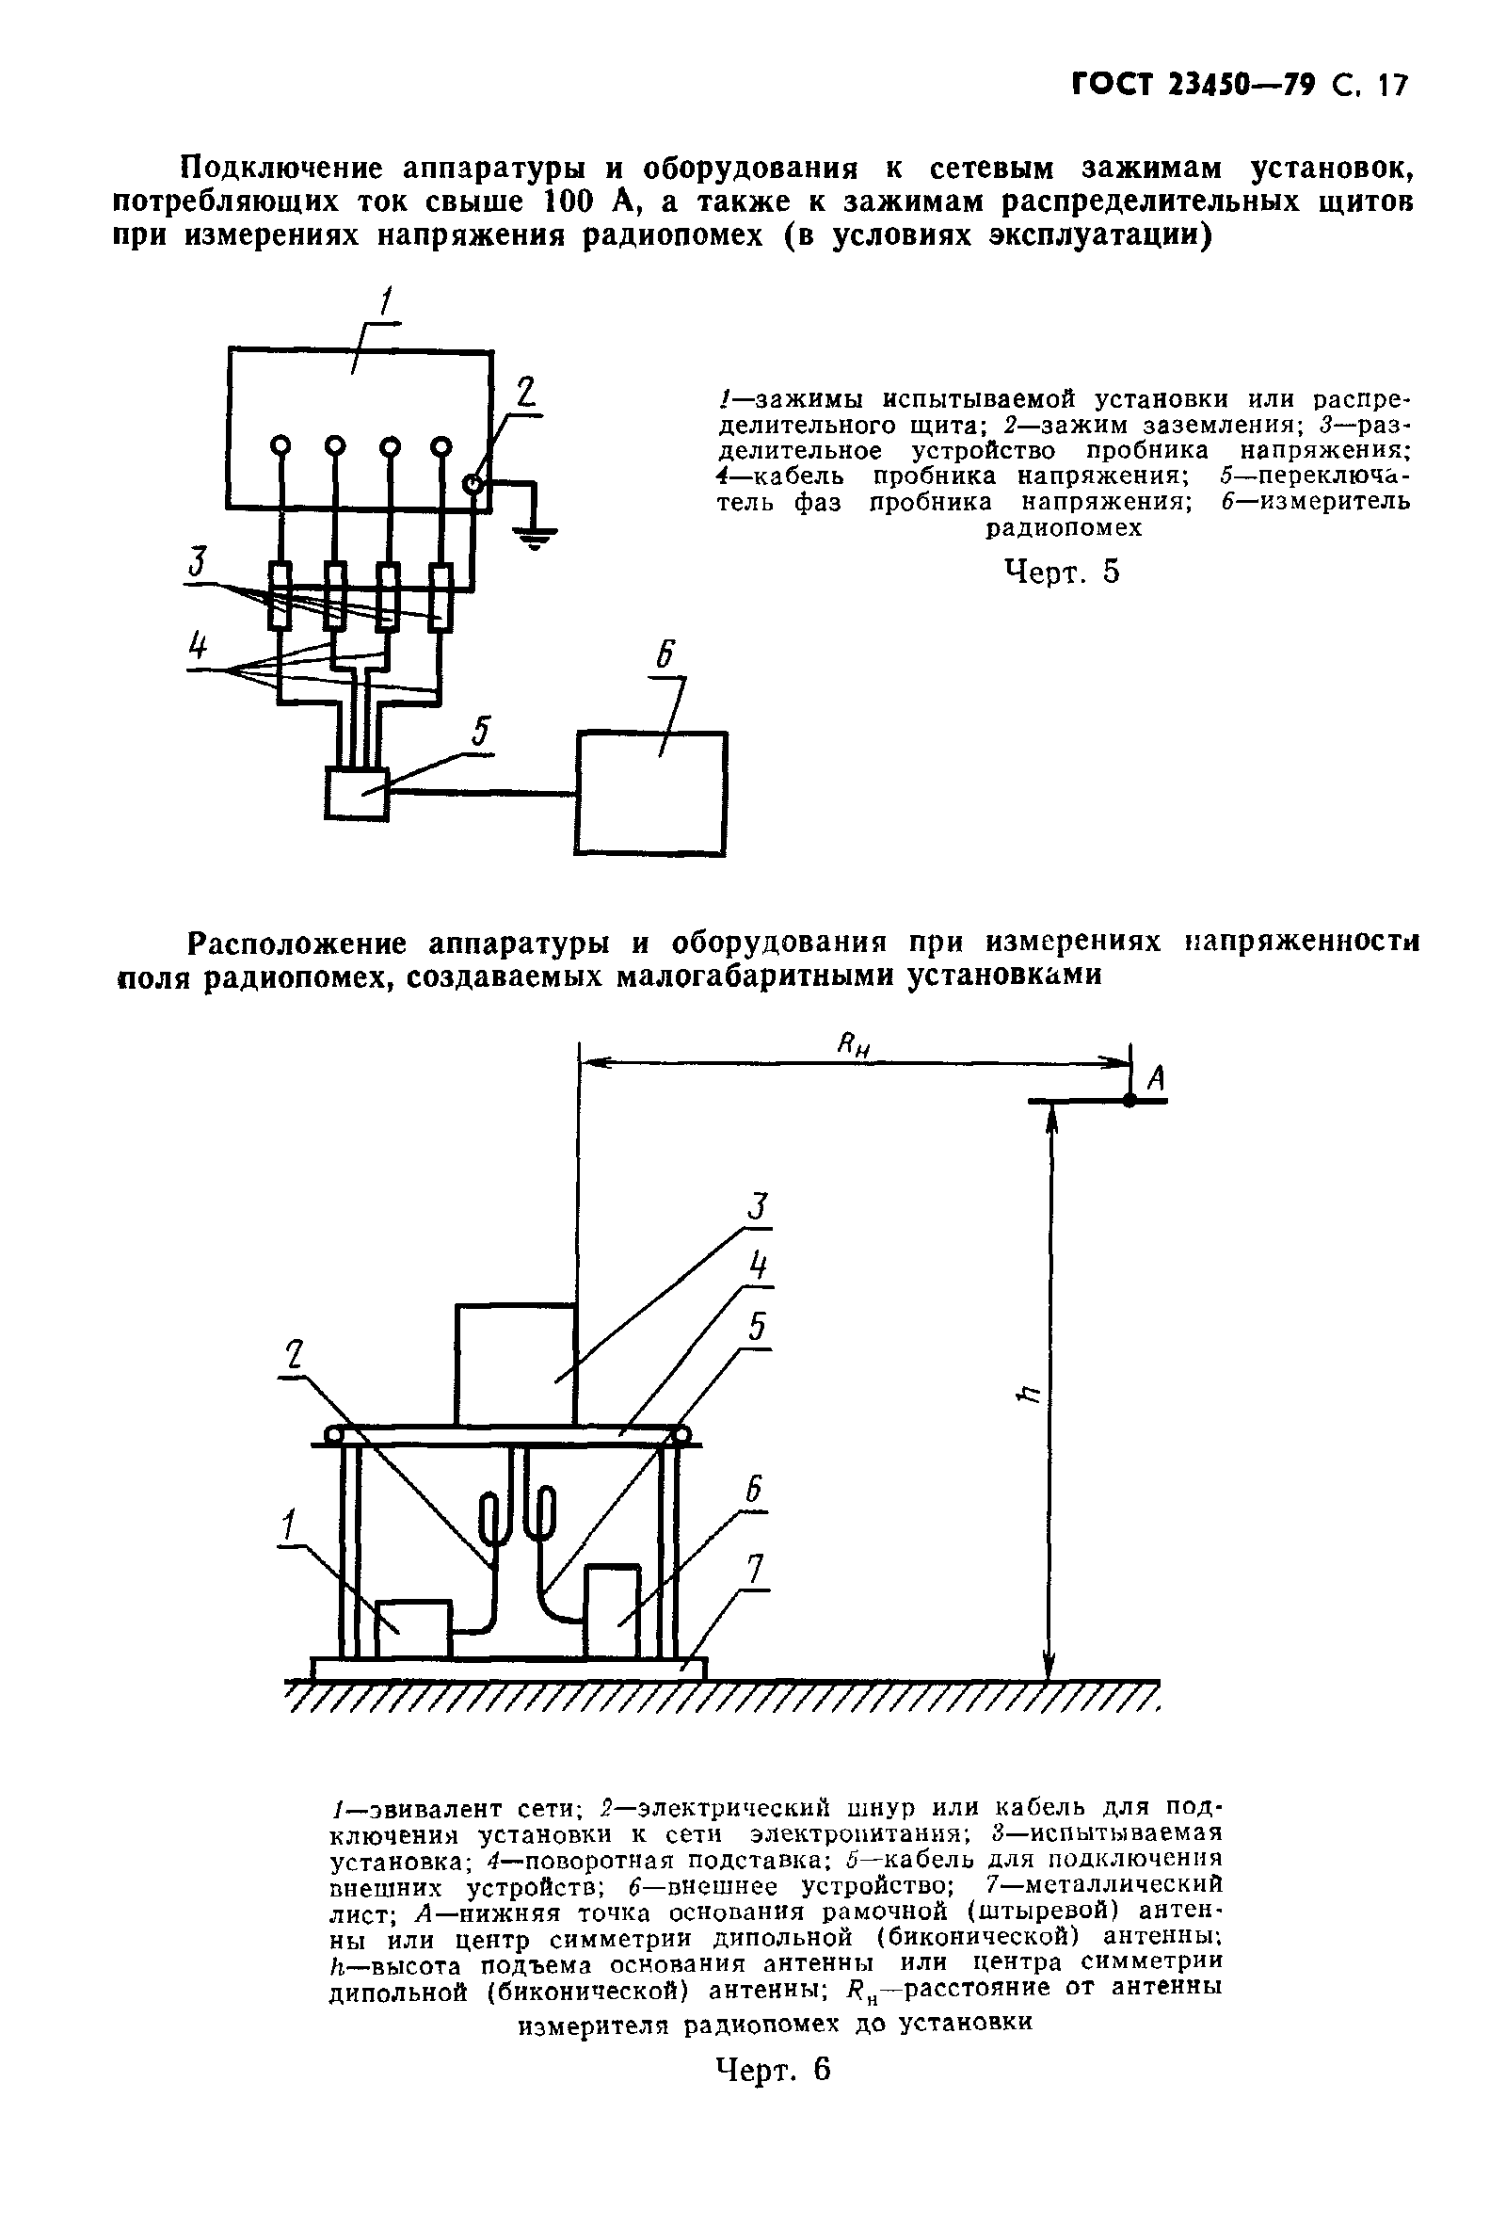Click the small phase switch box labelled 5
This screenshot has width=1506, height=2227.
point(357,794)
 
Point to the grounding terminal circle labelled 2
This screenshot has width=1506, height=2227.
point(473,485)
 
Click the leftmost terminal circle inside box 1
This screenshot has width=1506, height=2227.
point(280,445)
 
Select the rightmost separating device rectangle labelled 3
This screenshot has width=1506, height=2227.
point(441,597)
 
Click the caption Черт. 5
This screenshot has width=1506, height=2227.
point(1062,573)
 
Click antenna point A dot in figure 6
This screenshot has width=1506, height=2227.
point(1130,1102)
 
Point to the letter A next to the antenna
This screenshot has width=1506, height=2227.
point(1156,1079)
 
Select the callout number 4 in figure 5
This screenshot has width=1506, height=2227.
point(198,649)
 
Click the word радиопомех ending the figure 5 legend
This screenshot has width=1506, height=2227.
point(1064,527)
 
